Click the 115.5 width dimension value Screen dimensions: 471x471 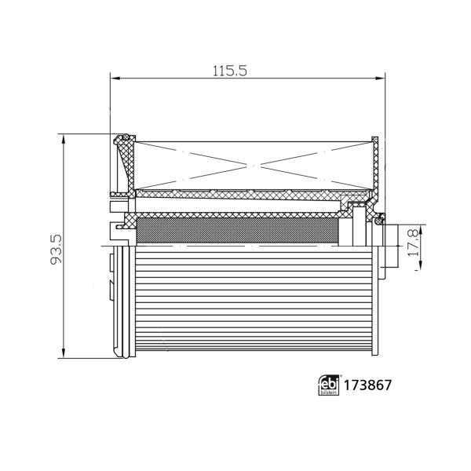[230, 71]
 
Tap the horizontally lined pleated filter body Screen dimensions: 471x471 [251, 302]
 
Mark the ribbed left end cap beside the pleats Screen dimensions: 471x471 [122, 302]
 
